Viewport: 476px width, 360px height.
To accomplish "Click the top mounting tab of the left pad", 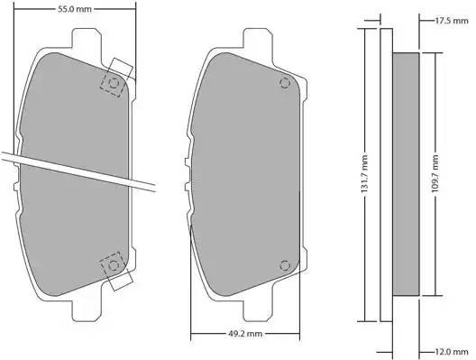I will (86, 41).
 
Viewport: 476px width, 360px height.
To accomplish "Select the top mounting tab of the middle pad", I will (257, 41).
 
